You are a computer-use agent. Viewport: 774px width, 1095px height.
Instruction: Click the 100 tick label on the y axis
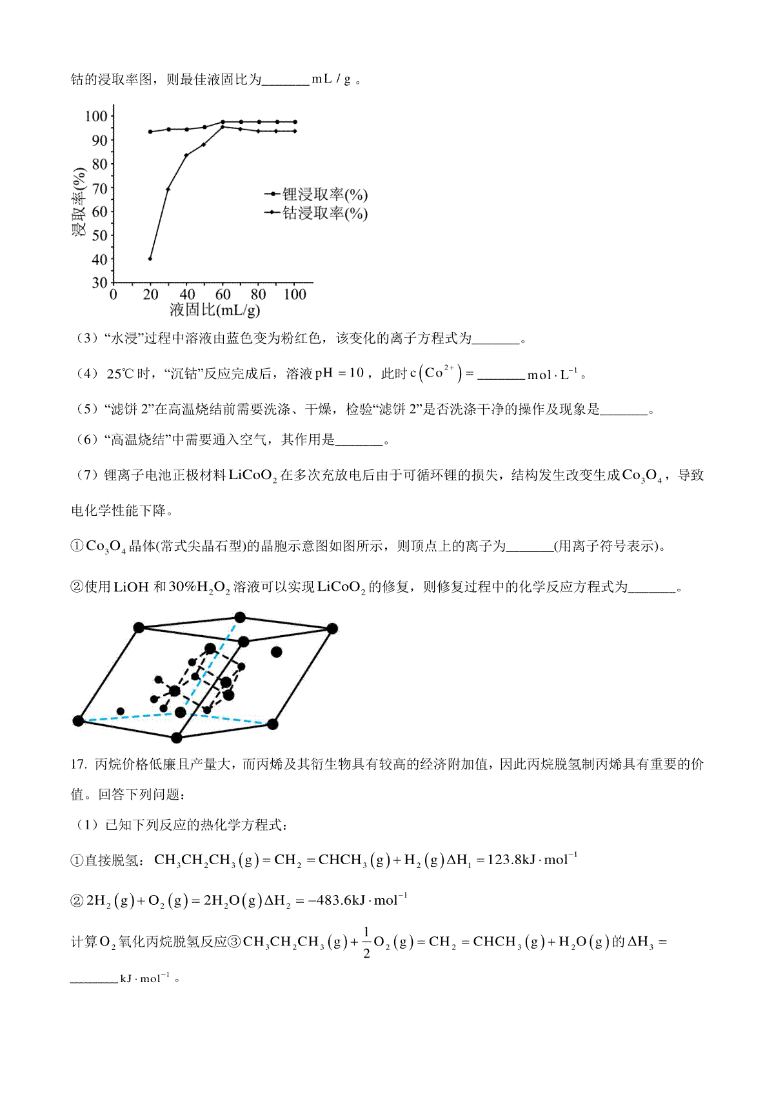coord(95,116)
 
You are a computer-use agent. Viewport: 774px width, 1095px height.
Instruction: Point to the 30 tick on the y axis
coord(99,282)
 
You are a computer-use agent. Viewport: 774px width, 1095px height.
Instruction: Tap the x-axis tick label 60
coord(223,295)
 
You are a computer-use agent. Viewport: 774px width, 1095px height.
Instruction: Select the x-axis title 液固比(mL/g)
coord(215,310)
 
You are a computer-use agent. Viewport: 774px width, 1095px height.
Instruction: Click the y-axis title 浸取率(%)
coord(79,202)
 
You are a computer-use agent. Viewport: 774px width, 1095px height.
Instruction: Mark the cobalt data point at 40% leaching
coord(150,259)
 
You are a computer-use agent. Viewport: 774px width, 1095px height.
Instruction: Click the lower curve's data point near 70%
coord(168,189)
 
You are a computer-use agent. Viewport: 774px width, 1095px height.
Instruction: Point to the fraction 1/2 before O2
coord(366,942)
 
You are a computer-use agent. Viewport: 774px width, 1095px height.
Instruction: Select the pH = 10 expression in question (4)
coord(339,373)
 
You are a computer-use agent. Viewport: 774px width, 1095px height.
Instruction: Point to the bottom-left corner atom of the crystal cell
coord(79,720)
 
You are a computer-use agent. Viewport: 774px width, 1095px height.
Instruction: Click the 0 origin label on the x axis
coord(114,295)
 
